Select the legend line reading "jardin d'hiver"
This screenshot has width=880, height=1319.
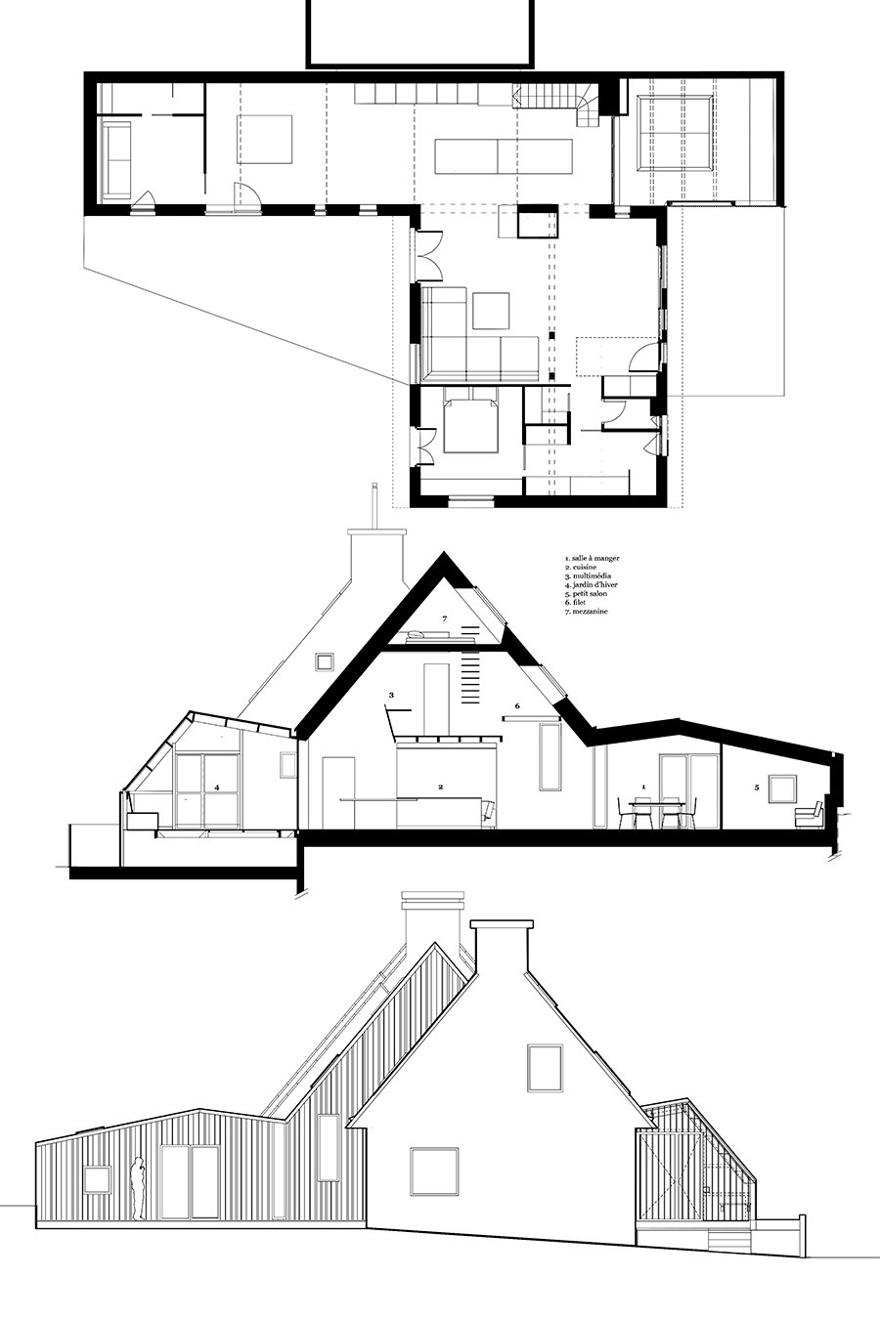coord(592,584)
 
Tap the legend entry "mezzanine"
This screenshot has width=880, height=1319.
coord(586,612)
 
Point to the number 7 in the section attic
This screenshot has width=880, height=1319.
coord(445,618)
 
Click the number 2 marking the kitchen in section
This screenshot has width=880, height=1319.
coord(440,787)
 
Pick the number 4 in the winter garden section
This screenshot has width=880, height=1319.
coord(217,787)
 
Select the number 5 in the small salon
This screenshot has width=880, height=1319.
coord(757,787)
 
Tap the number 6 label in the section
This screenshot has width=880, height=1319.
coord(517,705)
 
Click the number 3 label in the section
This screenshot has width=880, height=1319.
coord(391,695)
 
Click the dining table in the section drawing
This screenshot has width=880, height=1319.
coord(656,804)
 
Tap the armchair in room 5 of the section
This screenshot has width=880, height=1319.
coord(809,815)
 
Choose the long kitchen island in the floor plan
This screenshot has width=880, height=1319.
coord(504,156)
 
